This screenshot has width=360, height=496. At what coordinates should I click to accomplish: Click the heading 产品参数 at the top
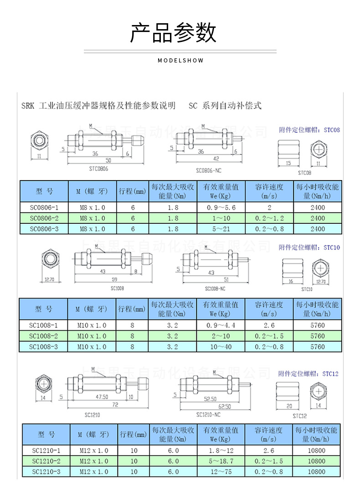(x=173, y=33)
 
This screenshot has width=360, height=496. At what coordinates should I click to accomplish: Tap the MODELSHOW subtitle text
(x=180, y=61)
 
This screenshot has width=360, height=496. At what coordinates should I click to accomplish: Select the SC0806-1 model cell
(x=44, y=207)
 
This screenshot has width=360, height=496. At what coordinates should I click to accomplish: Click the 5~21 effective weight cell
(x=221, y=229)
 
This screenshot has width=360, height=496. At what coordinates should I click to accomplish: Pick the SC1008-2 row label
(x=44, y=336)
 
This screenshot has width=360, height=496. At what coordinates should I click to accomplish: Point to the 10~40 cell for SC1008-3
(x=221, y=347)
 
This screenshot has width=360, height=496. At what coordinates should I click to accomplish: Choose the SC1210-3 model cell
(x=46, y=472)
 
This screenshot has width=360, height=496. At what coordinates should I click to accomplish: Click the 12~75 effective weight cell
(x=221, y=472)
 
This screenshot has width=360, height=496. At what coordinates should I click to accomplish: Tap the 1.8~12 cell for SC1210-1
(x=221, y=450)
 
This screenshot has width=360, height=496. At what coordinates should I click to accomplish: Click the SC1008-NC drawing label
(x=215, y=289)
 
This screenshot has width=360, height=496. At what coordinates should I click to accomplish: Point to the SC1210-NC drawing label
(x=208, y=415)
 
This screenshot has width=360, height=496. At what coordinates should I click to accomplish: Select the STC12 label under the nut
(x=299, y=416)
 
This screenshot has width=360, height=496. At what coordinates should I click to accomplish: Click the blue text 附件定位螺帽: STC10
(x=309, y=248)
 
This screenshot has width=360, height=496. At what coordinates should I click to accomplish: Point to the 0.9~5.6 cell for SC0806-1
(x=221, y=207)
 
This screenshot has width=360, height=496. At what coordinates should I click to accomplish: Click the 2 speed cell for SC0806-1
(x=269, y=207)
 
